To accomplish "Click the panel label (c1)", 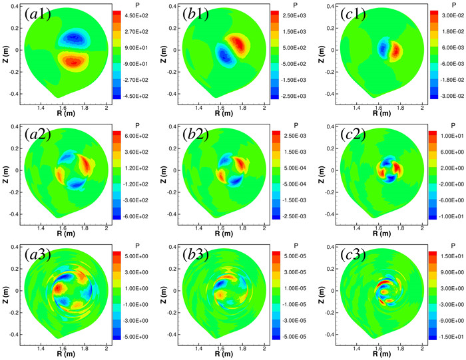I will click(351, 14).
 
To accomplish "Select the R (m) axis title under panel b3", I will click(224, 356).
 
